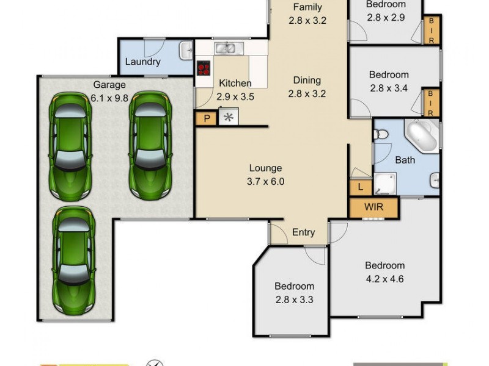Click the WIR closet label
pyautogui.click(x=373, y=207)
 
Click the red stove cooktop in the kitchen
pyautogui.click(x=204, y=68)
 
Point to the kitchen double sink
pyautogui.click(x=229, y=48)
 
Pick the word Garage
pyautogui.click(x=109, y=85)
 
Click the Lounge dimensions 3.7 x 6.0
pyautogui.click(x=265, y=181)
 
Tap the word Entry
pyautogui.click(x=303, y=232)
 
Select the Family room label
pyautogui.click(x=307, y=7)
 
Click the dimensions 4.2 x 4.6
pyautogui.click(x=384, y=280)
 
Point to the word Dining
pyautogui.click(x=307, y=80)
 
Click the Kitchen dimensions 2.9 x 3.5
pyautogui.click(x=235, y=96)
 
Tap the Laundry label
pyautogui.click(x=142, y=62)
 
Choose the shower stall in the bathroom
pyautogui.click(x=385, y=182)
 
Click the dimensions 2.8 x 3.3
pyautogui.click(x=294, y=300)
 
